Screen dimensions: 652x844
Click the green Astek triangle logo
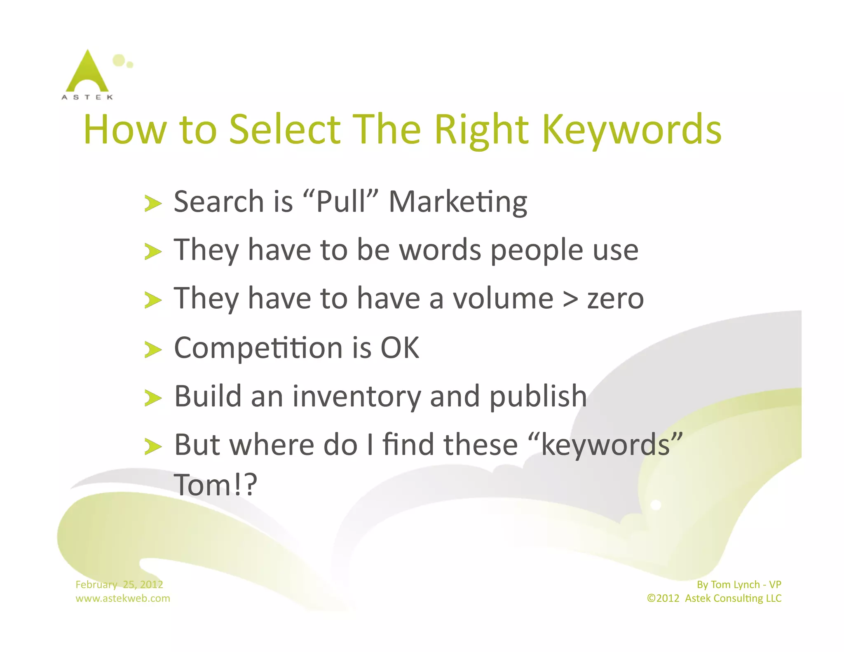87,73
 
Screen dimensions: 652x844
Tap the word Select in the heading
285,130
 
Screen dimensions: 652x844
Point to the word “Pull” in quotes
340,202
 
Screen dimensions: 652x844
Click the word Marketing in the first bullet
458,202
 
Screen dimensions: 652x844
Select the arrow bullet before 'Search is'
153,204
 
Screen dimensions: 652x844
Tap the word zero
615,299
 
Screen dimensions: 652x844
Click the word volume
503,298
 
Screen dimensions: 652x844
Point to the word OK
399,348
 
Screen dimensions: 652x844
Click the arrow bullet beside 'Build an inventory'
153,398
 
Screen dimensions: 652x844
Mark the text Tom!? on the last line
216,485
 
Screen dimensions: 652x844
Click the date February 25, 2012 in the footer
119,584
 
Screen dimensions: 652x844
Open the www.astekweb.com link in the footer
123,598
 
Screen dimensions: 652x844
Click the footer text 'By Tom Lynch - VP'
739,584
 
